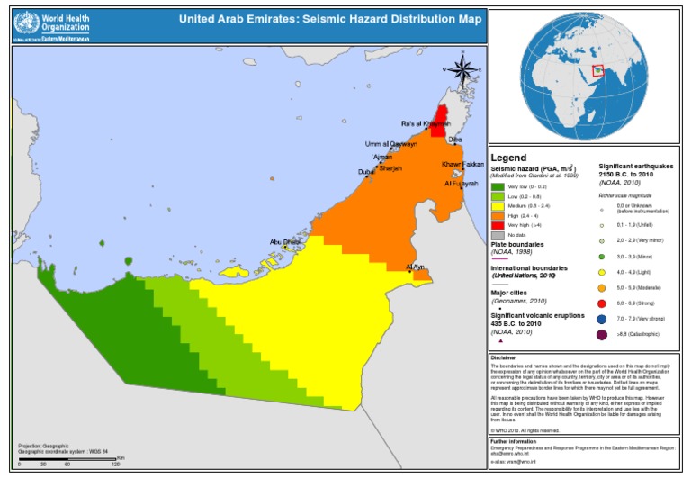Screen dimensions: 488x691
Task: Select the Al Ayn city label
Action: (416, 267)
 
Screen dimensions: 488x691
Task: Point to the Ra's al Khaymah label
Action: (425, 124)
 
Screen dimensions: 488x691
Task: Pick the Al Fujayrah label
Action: (462, 183)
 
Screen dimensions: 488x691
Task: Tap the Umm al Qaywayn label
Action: (390, 144)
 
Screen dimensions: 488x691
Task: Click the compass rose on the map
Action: (461, 71)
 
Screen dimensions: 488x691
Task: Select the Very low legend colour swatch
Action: (498, 186)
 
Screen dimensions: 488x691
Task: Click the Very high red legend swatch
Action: (498, 226)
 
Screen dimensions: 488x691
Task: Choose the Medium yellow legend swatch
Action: (498, 206)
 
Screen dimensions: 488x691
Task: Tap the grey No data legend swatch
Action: (498, 236)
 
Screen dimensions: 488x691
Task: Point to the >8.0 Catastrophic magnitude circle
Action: (601, 336)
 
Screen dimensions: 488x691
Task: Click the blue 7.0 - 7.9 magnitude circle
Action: (601, 318)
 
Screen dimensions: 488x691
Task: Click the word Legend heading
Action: (508, 158)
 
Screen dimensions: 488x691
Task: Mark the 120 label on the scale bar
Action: (115, 465)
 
